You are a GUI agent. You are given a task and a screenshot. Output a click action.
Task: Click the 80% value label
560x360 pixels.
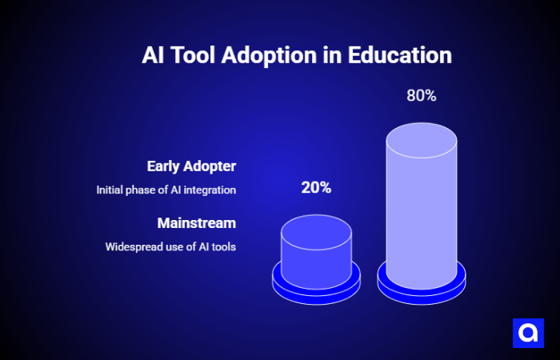point(421,95)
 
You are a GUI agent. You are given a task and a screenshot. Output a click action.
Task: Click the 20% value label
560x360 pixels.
point(316,188)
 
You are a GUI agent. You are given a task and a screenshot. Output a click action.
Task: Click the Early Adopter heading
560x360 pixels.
point(191,166)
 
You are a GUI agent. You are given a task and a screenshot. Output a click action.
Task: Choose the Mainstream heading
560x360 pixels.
point(197,222)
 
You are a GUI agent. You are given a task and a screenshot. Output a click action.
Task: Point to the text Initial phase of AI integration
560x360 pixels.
point(166,190)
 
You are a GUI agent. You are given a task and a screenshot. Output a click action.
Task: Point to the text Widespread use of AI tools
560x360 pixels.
point(170,246)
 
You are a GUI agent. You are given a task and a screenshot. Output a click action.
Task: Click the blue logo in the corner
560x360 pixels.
point(528,333)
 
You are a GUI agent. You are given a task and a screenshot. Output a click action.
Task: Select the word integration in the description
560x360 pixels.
point(210,190)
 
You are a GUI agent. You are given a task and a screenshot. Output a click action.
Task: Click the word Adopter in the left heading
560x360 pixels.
point(209,166)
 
